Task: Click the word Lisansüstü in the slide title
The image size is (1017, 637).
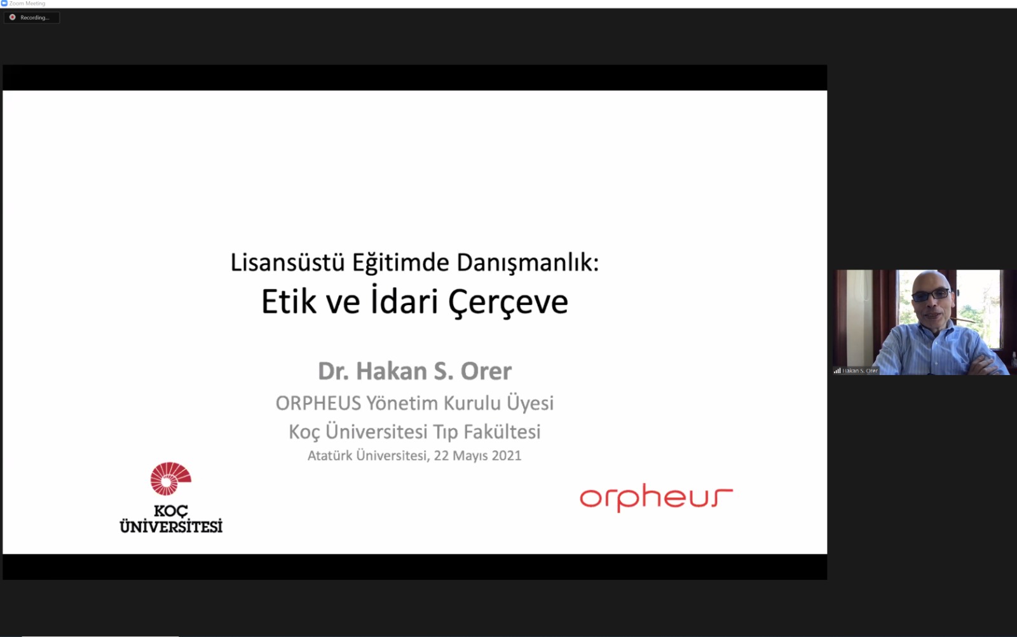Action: (287, 263)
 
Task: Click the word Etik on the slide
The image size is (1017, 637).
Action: (289, 301)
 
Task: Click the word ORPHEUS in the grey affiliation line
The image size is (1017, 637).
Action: (318, 403)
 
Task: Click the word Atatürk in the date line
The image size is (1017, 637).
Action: (330, 455)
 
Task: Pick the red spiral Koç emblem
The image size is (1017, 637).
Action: (170, 479)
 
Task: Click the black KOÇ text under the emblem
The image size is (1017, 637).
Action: (171, 510)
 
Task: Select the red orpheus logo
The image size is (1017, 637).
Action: (656, 498)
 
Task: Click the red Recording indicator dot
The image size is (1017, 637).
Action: (12, 17)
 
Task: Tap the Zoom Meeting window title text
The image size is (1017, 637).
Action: (27, 4)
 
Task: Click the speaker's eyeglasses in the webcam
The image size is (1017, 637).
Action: (931, 295)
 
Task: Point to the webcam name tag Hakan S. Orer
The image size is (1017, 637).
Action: (860, 371)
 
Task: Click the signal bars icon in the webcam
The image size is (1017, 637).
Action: (837, 371)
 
